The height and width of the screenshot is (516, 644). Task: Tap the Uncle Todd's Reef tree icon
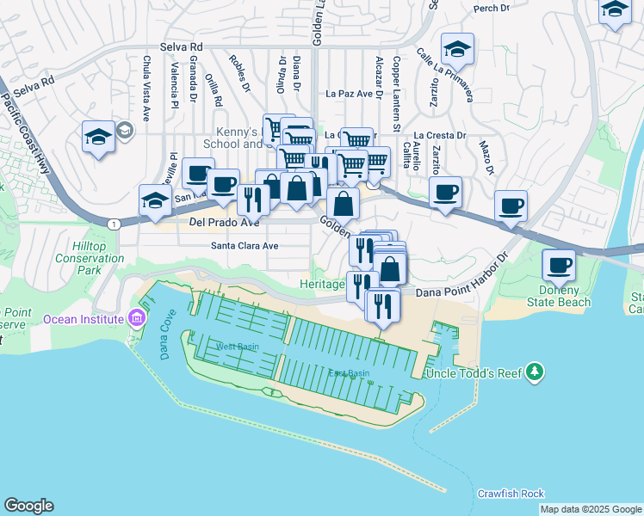(535, 372)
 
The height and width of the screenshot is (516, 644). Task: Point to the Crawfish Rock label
(511, 494)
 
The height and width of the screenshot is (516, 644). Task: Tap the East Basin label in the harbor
(349, 372)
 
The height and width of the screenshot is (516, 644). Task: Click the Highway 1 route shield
(114, 224)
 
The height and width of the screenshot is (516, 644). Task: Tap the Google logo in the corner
(28, 506)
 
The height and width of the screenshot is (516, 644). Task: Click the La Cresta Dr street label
(439, 136)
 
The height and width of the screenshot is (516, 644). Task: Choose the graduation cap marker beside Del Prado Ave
(155, 200)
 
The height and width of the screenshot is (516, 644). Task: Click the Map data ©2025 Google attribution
(591, 509)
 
